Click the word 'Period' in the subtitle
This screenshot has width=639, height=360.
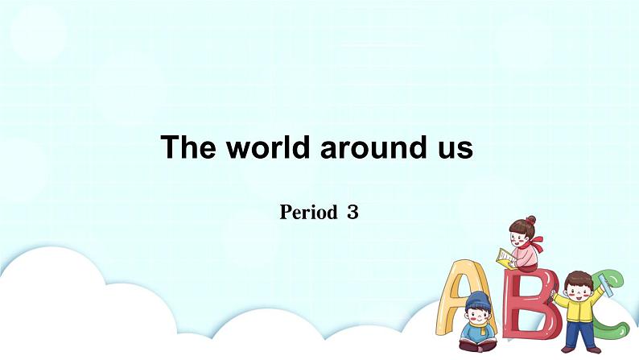tap(308, 213)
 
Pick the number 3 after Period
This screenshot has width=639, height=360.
tap(352, 213)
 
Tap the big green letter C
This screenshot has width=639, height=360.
tap(616, 298)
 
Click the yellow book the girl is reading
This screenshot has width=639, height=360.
tap(505, 258)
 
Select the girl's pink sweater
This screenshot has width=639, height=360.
tap(525, 256)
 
